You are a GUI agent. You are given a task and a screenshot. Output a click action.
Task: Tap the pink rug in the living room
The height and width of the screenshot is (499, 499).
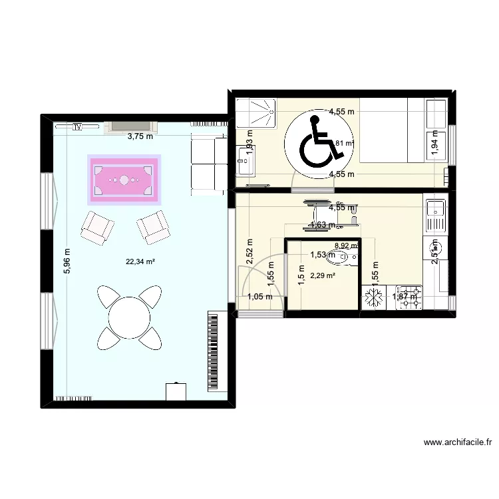(124, 180)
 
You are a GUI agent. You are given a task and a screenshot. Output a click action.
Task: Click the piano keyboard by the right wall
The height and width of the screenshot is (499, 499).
(214, 351)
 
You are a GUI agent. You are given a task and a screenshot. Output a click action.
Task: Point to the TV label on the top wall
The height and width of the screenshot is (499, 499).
(78, 126)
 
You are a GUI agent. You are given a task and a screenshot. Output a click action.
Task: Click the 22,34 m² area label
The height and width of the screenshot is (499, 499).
(140, 261)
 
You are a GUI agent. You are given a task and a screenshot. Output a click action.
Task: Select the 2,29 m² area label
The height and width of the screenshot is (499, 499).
(325, 273)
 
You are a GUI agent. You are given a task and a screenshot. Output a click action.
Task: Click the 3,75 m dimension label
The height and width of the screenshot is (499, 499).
(140, 137)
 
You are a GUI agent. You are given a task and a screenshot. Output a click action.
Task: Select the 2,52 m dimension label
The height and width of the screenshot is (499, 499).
(249, 251)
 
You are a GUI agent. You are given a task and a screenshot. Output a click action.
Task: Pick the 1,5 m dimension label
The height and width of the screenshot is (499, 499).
(301, 273)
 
